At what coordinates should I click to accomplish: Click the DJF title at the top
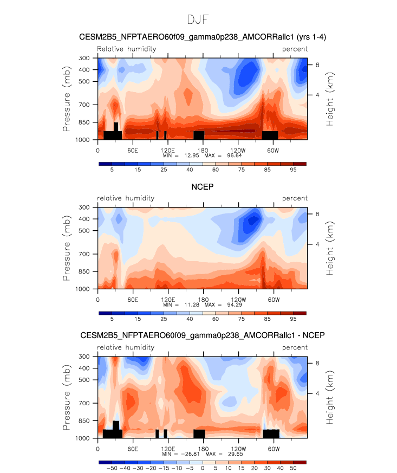(198, 20)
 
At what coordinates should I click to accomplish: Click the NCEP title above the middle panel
(202, 187)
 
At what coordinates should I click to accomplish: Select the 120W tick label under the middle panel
(238, 299)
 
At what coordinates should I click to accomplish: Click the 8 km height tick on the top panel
(318, 64)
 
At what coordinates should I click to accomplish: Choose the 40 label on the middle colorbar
(190, 320)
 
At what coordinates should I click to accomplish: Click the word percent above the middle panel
(295, 198)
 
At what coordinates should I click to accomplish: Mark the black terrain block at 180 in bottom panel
(199, 433)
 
